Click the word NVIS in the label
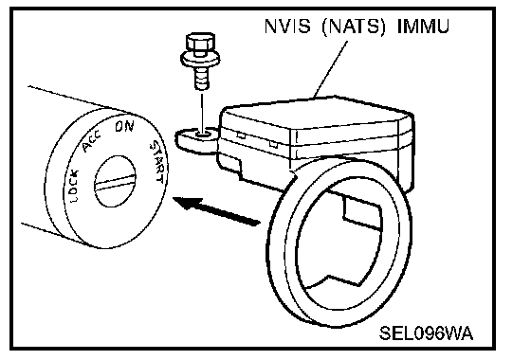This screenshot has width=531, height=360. click(x=287, y=26)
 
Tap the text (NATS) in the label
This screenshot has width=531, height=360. click(x=354, y=27)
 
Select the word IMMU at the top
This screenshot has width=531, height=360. click(x=423, y=26)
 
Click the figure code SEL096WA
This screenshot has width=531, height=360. click(x=426, y=333)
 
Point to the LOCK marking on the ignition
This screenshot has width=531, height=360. click(x=72, y=186)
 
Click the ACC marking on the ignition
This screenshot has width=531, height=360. click(x=91, y=141)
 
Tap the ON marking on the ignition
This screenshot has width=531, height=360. click(x=124, y=127)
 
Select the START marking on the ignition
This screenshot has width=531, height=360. click(x=158, y=162)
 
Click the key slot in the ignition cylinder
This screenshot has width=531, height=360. click(x=115, y=181)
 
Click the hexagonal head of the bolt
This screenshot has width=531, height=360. click(x=200, y=42)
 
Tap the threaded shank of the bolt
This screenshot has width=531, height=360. click(x=202, y=78)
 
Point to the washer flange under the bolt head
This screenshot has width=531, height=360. click(x=200, y=60)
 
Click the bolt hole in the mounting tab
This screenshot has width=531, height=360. click(x=203, y=135)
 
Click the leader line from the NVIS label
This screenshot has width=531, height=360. click(x=331, y=69)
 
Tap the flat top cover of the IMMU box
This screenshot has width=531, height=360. click(x=315, y=114)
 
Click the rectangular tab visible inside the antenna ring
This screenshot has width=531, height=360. click(x=362, y=213)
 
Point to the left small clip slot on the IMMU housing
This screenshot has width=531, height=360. click(x=241, y=135)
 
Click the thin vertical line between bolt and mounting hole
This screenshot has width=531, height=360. click(x=202, y=112)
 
